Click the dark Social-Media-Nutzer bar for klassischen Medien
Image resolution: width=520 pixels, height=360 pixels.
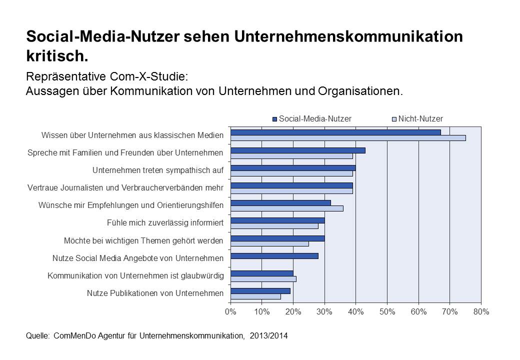click(x=335, y=132)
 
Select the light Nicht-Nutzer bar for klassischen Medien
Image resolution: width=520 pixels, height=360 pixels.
click(x=348, y=138)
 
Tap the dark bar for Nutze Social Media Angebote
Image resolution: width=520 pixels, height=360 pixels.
click(x=274, y=256)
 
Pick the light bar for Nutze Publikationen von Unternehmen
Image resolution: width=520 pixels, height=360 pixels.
click(x=255, y=296)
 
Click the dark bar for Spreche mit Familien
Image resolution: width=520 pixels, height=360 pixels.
click(x=298, y=150)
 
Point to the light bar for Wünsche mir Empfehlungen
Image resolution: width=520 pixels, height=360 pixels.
click(x=287, y=208)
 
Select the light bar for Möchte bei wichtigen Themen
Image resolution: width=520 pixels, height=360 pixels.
click(x=269, y=243)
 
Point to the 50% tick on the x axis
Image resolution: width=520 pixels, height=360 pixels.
click(x=387, y=312)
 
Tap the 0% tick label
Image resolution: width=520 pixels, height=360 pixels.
click(x=230, y=312)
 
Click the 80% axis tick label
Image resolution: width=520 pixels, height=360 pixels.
click(x=481, y=312)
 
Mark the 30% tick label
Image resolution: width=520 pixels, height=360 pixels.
click(x=324, y=312)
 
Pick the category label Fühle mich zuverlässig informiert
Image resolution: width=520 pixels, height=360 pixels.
click(x=165, y=223)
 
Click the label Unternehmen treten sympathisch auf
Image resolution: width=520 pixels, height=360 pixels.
click(x=158, y=170)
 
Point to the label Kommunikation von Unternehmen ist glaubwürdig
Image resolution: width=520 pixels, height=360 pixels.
click(x=135, y=275)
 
